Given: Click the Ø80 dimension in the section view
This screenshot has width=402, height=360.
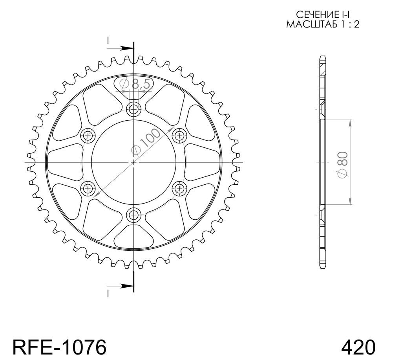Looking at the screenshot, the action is pyautogui.click(x=343, y=165).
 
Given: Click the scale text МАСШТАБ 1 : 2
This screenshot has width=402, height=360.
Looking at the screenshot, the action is pyautogui.click(x=323, y=24).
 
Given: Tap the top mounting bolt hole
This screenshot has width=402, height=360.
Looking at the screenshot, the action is pyautogui.click(x=133, y=110).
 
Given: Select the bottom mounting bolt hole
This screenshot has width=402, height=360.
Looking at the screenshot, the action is pyautogui.click(x=133, y=215).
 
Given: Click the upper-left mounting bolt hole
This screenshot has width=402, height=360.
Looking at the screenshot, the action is pyautogui.click(x=88, y=135).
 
